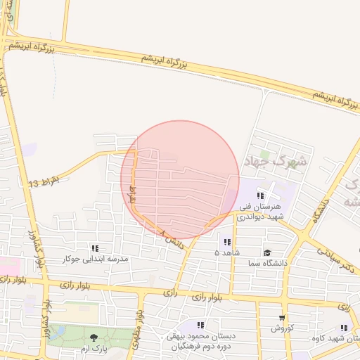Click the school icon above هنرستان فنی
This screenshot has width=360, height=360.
(260, 195)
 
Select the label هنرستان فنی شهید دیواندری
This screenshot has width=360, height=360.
(260, 212)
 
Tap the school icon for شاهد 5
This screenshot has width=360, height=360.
(226, 241)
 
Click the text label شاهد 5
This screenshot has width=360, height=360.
(226, 252)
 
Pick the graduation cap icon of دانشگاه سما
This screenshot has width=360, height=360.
(266, 252)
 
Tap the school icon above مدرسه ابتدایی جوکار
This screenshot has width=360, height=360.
(95, 248)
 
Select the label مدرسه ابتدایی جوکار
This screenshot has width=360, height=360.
(96, 259)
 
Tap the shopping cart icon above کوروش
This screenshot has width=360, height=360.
(282, 318)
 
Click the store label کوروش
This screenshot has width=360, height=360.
(282, 328)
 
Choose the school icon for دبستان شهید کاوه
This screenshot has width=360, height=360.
(344, 328)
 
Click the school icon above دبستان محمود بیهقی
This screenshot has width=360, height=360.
(200, 325)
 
